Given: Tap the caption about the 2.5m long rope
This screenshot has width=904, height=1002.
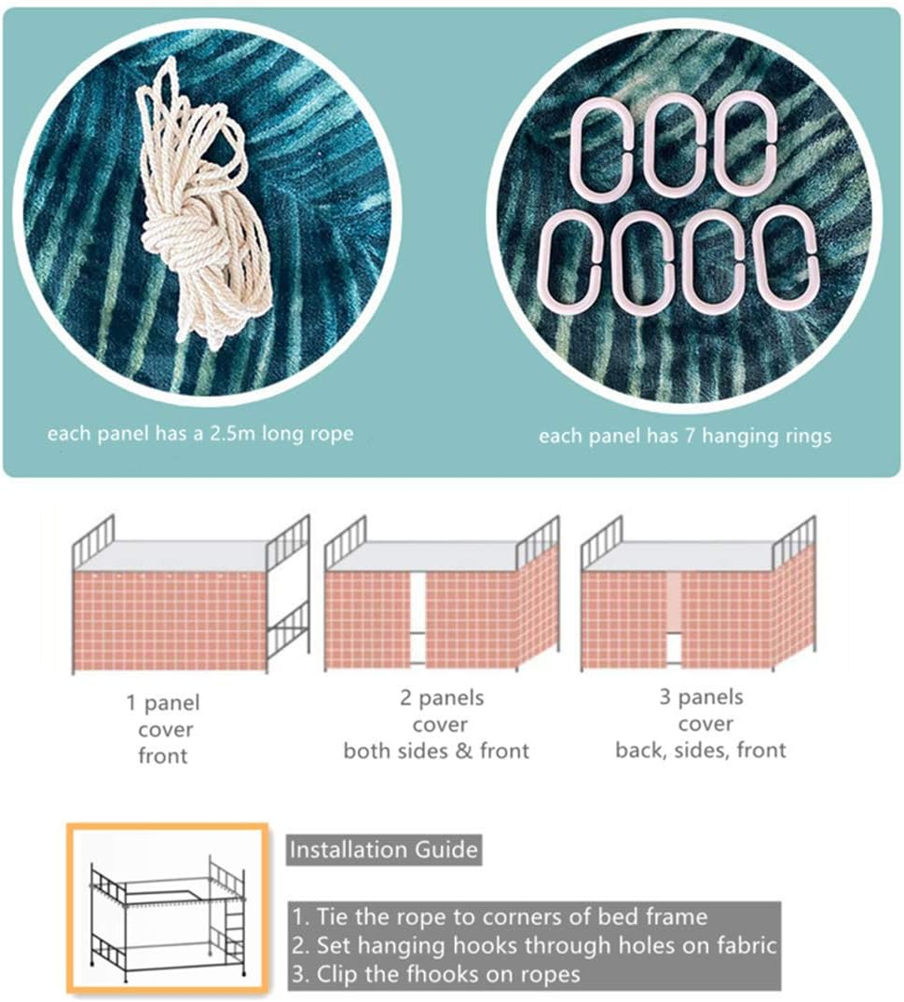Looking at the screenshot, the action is pyautogui.click(x=200, y=434).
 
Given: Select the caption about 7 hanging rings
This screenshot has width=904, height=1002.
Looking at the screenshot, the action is pyautogui.click(x=685, y=436).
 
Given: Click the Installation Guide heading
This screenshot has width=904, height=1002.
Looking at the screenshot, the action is pyautogui.click(x=384, y=850).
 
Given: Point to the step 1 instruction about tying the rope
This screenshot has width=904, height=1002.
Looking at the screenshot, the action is pyautogui.click(x=500, y=917).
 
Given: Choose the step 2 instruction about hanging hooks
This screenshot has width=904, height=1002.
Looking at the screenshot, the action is pyautogui.click(x=534, y=945).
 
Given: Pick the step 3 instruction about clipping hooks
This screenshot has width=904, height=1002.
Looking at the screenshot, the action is pyautogui.click(x=436, y=974).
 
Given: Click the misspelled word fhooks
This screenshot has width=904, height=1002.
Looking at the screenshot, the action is pyautogui.click(x=445, y=974).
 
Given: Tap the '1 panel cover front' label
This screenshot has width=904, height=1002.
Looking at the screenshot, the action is pyautogui.click(x=163, y=729).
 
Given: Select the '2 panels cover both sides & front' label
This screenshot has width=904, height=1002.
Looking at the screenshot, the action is pyautogui.click(x=437, y=724).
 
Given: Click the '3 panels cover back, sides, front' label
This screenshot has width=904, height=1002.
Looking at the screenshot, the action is pyautogui.click(x=701, y=724).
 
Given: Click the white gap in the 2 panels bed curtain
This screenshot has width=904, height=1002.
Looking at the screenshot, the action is pyautogui.click(x=418, y=618).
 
